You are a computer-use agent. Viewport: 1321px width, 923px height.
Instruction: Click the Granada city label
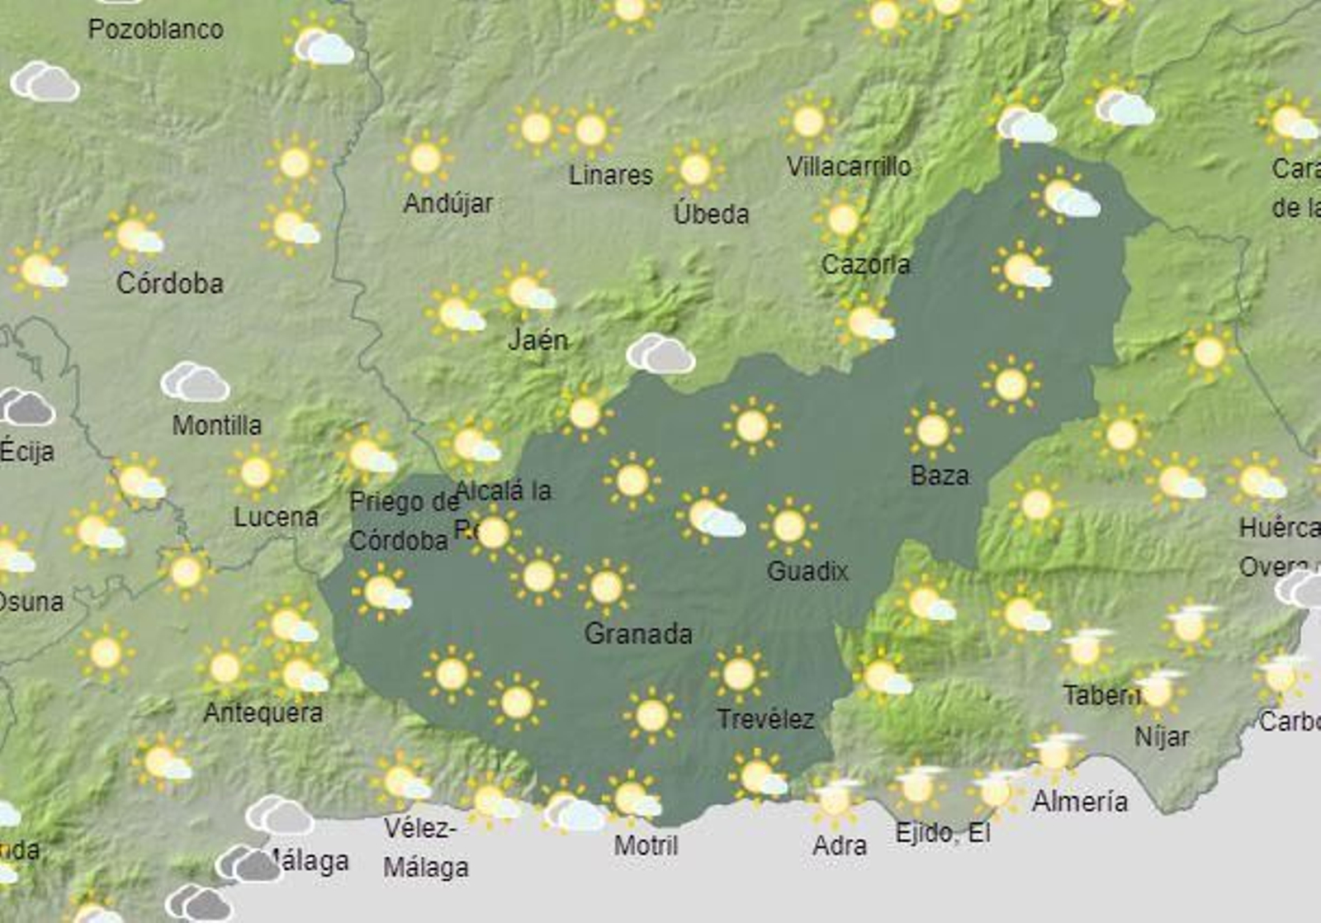637,634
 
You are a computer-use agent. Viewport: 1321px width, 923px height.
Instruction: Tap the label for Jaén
537,339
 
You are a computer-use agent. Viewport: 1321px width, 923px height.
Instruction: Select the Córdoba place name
170,283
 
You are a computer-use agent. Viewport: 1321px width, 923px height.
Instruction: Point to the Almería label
1079,801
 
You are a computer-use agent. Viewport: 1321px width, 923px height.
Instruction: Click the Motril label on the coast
646,845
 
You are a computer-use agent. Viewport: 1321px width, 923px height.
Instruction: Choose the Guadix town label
807,570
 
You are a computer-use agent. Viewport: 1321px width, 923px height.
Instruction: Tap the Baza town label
940,475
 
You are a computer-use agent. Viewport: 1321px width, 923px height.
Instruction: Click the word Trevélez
765,719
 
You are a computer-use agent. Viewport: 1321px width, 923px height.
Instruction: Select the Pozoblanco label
155,30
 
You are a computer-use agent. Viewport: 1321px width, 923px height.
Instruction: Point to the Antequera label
263,712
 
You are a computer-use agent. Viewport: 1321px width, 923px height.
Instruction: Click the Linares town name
611,175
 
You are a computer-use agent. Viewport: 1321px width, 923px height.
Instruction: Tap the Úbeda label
711,214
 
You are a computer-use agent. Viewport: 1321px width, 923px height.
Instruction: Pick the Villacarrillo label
849,167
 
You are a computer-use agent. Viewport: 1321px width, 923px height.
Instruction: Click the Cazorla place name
865,264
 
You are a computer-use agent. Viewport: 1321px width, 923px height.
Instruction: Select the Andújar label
447,203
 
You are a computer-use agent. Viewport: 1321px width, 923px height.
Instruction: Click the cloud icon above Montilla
195,382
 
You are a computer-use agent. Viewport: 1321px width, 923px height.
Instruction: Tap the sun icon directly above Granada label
606,587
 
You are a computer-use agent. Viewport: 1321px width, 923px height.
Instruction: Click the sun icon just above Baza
933,430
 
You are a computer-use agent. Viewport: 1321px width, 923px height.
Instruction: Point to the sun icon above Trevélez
738,674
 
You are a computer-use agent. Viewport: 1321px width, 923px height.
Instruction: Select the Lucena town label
276,517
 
